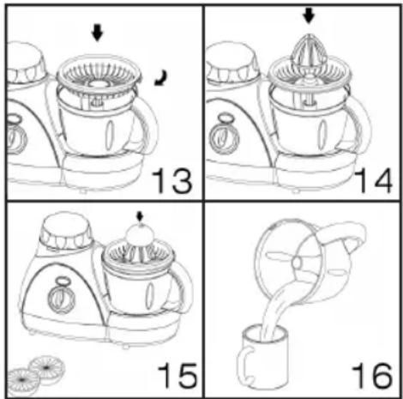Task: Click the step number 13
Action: pos(172,181)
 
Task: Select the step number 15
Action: pos(177,375)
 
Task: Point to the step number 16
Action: pos(372,375)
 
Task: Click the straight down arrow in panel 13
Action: pos(97,33)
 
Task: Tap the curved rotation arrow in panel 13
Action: pos(161,78)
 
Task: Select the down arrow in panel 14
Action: pos(309,15)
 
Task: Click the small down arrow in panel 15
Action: pos(140,216)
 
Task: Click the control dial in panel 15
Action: pos(61,298)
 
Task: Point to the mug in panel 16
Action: pos(262,358)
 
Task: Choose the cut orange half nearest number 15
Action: pos(47,366)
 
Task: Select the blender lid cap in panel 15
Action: pos(67,231)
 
